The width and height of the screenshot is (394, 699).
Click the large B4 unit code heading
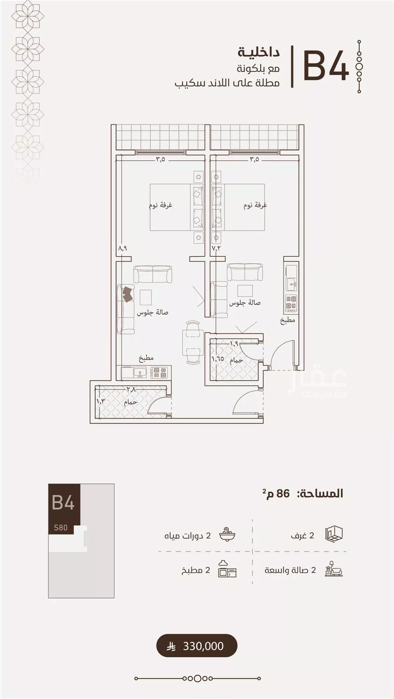click(326, 66)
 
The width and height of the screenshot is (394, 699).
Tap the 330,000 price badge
click(197, 646)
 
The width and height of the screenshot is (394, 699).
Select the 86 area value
click(283, 493)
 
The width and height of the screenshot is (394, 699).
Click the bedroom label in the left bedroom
click(160, 205)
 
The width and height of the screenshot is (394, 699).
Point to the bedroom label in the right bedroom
click(255, 205)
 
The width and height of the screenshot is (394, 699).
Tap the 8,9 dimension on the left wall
click(123, 248)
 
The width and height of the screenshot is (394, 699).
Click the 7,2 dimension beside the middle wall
click(216, 248)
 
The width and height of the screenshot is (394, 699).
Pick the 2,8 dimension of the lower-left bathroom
click(131, 389)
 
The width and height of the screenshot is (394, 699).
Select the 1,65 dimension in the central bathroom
click(218, 359)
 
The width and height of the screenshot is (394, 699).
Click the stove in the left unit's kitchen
click(159, 373)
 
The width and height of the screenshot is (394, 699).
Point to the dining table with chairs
click(193, 343)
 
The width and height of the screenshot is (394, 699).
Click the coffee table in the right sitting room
click(245, 291)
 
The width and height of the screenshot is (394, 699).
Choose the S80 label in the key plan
click(61, 527)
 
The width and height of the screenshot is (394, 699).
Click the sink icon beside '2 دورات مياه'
click(227, 535)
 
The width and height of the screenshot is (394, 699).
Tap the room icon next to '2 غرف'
click(334, 535)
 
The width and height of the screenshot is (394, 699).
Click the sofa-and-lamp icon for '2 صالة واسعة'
click(334, 569)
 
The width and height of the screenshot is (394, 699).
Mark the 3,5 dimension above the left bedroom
click(160, 160)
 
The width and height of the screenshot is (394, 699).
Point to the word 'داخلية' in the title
click(258, 52)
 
